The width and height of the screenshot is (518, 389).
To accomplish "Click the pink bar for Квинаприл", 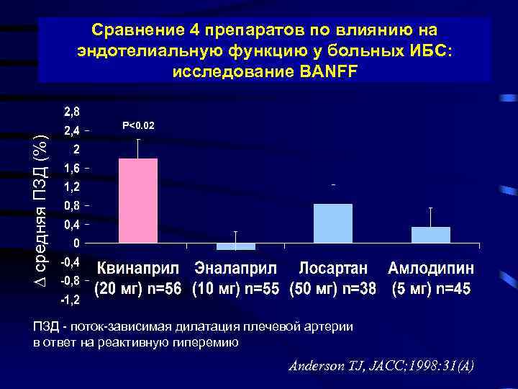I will (x=137, y=203).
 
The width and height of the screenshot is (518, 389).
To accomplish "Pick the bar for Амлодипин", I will (x=430, y=235).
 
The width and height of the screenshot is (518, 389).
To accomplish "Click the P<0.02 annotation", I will (x=138, y=126).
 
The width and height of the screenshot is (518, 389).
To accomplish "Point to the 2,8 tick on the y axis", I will (x=72, y=112).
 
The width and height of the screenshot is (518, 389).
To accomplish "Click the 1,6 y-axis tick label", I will (x=72, y=168).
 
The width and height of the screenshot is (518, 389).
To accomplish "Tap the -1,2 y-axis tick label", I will (x=70, y=298).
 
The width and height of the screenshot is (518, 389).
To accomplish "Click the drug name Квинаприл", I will (x=141, y=269).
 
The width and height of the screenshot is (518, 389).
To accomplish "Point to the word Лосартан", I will (x=333, y=269).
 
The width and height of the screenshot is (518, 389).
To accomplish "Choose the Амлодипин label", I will (x=431, y=269).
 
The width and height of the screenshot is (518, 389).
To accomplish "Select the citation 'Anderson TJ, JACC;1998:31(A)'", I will (x=381, y=365).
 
